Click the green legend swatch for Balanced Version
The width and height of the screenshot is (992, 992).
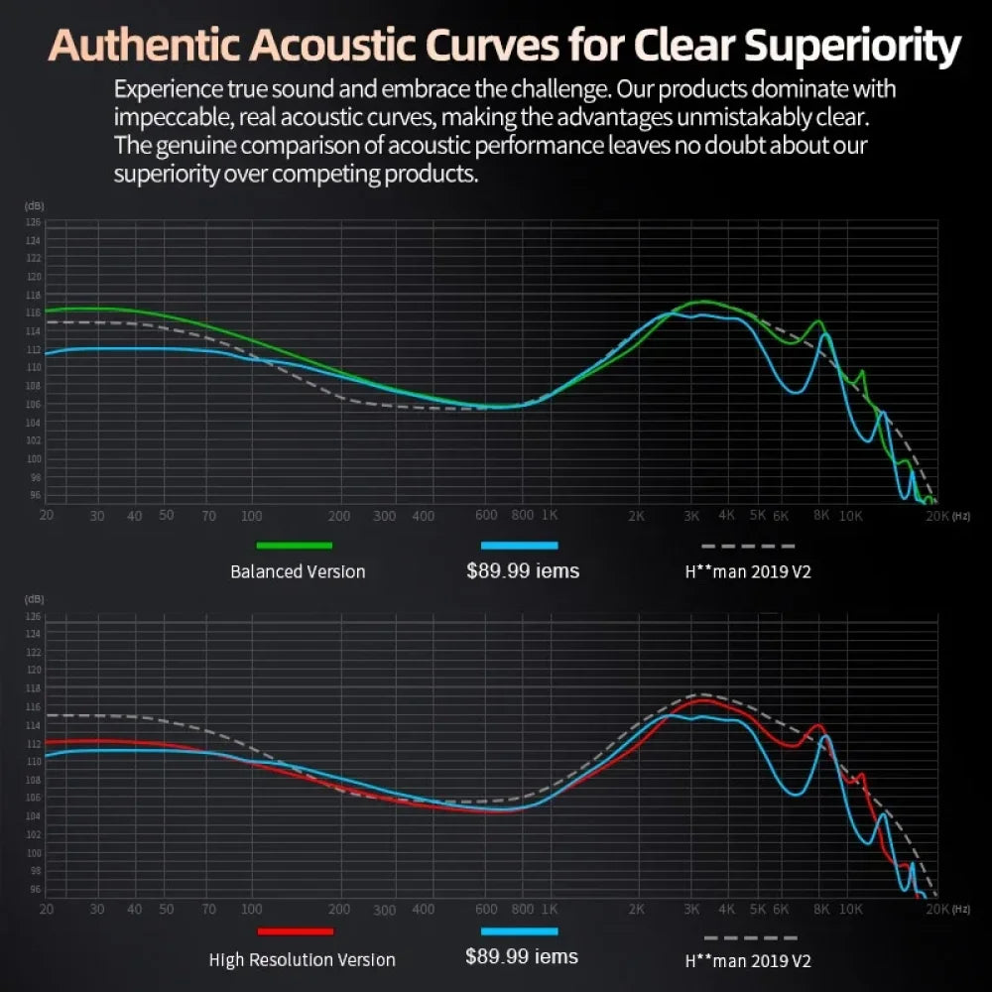[x=294, y=545]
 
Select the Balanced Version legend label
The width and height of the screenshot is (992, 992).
[x=298, y=571]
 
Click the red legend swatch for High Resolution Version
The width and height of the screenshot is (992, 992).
[x=295, y=930]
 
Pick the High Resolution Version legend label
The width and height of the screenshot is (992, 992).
[x=302, y=959]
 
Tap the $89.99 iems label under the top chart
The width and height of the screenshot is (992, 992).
[x=523, y=570]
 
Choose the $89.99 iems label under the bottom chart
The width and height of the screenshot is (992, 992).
[x=522, y=956]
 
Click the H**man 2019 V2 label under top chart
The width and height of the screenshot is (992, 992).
[x=749, y=572]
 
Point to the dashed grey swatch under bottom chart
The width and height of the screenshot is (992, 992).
[x=750, y=936]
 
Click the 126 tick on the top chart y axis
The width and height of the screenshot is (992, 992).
[x=34, y=222]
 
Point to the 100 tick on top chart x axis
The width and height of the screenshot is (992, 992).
[x=251, y=516]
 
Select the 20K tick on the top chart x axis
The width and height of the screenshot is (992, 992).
[x=937, y=516]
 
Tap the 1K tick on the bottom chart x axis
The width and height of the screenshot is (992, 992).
[x=550, y=909]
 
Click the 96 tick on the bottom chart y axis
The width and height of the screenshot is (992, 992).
[x=34, y=890]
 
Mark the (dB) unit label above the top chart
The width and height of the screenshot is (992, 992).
[x=34, y=205]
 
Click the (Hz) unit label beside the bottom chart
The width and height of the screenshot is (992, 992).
[x=961, y=909]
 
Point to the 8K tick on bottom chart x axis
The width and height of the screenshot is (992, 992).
[x=821, y=909]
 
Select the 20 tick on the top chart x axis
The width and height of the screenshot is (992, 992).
[x=46, y=516]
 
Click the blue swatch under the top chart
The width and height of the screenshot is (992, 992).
[x=519, y=545]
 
